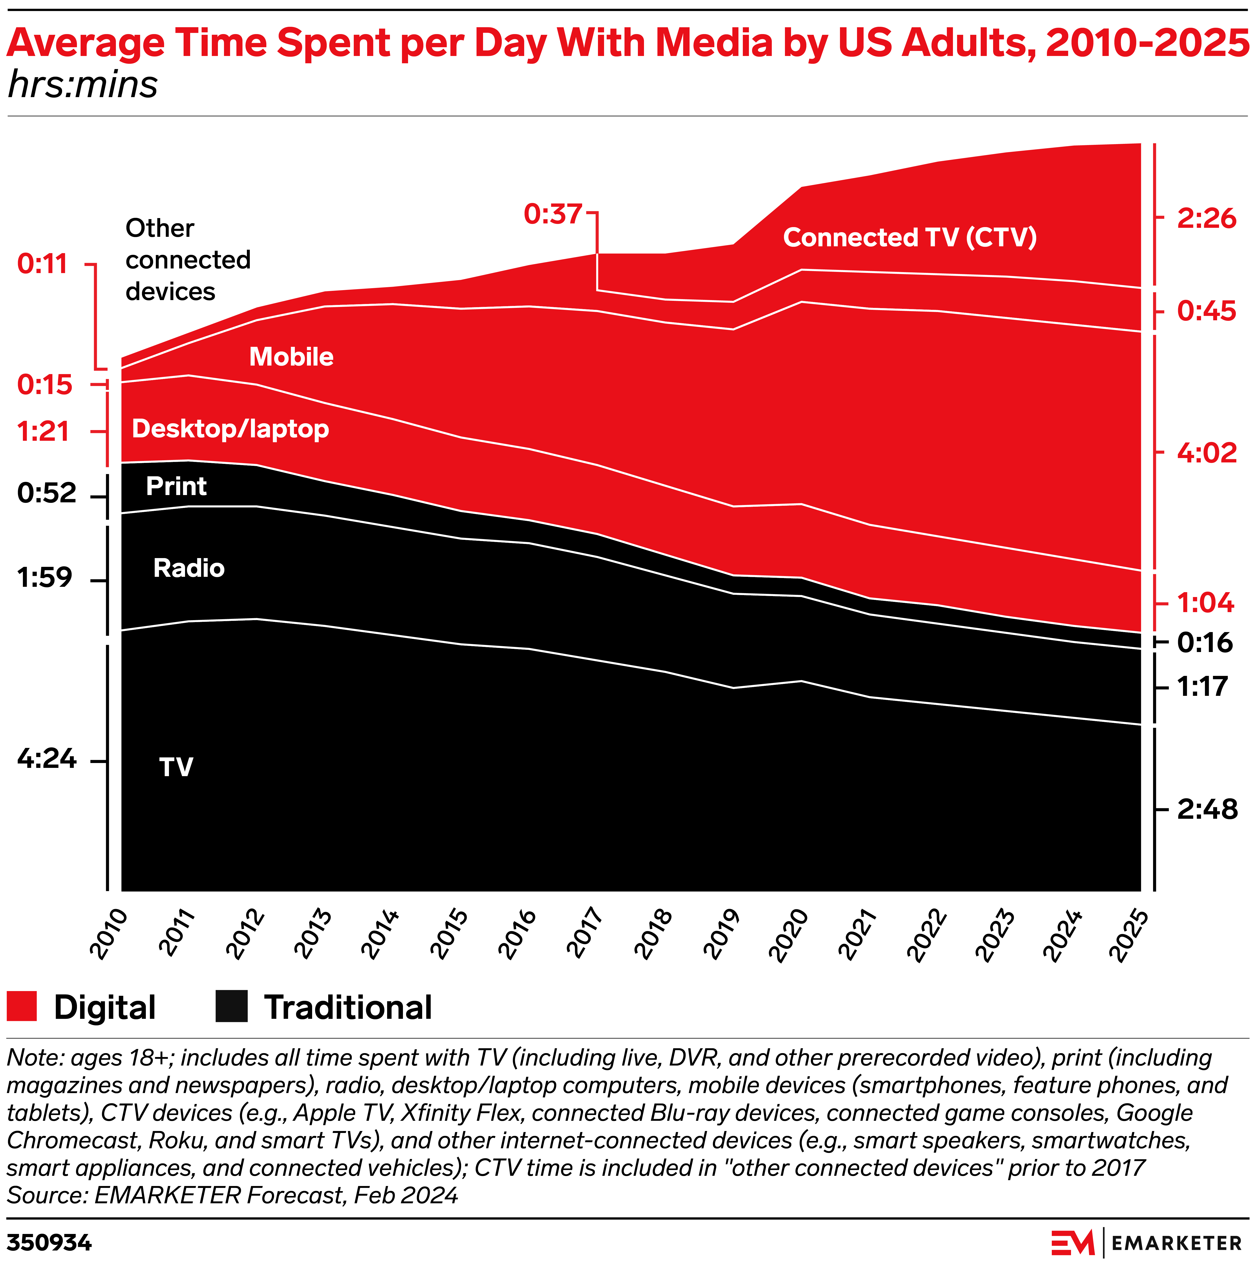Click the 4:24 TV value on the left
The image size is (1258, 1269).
(x=47, y=759)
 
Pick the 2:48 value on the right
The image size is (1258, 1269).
(x=1207, y=809)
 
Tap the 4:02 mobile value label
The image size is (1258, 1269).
(x=1207, y=452)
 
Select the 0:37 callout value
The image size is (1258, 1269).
(x=553, y=214)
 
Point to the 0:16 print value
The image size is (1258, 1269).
(x=1205, y=642)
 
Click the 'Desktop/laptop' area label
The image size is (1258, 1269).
(x=230, y=429)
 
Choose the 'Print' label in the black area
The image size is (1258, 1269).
(x=176, y=486)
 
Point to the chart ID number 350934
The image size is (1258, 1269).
(x=49, y=1243)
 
